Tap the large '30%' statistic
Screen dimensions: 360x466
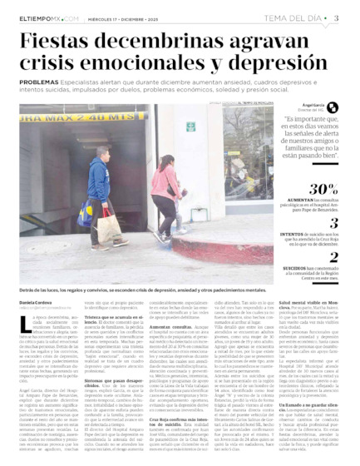(323, 189)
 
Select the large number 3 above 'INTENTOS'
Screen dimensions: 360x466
(333, 222)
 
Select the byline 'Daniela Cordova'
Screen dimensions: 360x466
(37, 301)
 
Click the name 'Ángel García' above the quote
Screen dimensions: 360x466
(312, 106)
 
